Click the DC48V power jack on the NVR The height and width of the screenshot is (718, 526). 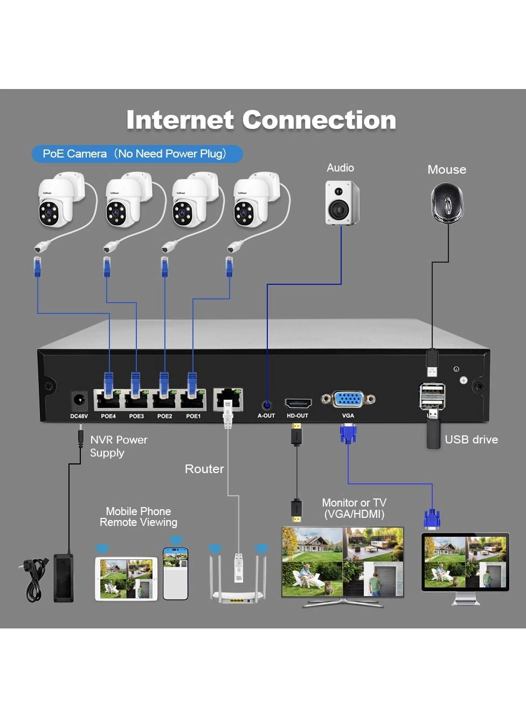tap(79, 401)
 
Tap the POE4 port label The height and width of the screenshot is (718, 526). tap(108, 416)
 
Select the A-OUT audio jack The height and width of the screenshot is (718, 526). tap(266, 405)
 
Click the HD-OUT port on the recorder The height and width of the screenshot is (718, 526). tap(298, 403)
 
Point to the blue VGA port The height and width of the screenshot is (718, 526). tap(348, 400)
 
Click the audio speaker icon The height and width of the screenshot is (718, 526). tap(341, 203)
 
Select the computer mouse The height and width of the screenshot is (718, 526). tap(447, 202)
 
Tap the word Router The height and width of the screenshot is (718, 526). tap(204, 469)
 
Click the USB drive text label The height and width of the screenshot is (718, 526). tap(471, 440)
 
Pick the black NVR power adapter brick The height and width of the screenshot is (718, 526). tap(64, 577)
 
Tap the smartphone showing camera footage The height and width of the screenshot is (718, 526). tap(176, 573)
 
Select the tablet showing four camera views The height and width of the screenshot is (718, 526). tap(126, 579)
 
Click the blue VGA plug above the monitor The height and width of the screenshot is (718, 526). tap(432, 518)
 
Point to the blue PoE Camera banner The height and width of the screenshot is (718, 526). tap(137, 154)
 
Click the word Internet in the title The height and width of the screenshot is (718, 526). tap(180, 120)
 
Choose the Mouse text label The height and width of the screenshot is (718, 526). tap(447, 169)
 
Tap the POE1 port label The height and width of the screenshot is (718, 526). tap(193, 416)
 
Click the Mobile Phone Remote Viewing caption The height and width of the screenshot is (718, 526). tap(139, 517)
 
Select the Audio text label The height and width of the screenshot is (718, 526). tap(340, 168)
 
